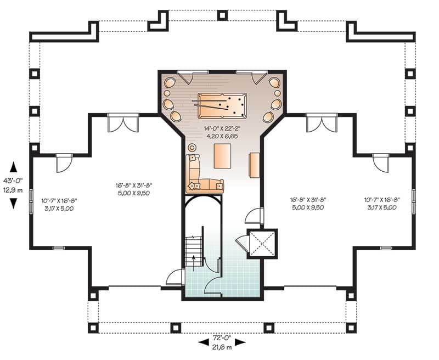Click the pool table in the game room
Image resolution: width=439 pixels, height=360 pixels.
(x=219, y=104)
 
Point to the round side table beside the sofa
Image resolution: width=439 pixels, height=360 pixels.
(x=192, y=148)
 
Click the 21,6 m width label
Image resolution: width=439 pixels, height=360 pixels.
(x=223, y=347)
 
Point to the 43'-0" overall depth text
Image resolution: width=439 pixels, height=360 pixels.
(x=14, y=180)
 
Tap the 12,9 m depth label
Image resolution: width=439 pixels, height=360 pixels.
(x=14, y=190)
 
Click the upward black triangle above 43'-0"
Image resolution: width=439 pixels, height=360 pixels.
(x=14, y=166)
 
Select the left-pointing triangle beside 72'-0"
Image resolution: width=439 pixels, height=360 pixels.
(x=204, y=342)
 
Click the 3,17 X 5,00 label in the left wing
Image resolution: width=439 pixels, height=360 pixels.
(x=59, y=209)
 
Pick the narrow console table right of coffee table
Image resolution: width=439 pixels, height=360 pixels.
(x=254, y=165)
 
